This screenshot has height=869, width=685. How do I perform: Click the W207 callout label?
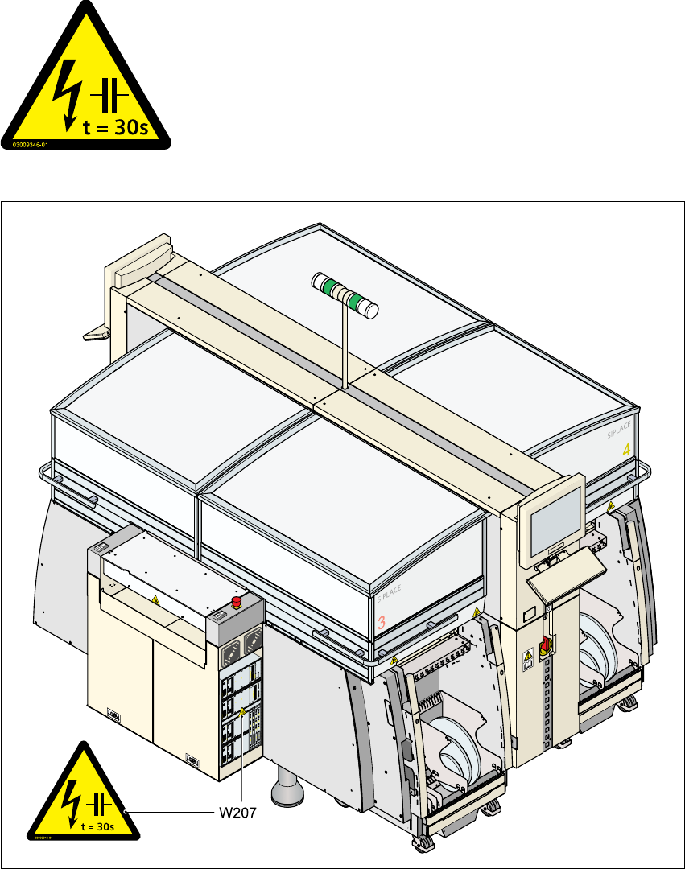(x=238, y=813)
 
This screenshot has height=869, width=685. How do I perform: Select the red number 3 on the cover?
(x=382, y=622)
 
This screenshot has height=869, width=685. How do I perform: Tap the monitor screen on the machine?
(x=555, y=515)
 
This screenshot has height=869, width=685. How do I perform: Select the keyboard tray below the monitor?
(x=566, y=573)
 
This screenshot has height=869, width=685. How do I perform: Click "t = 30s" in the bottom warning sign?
(x=97, y=825)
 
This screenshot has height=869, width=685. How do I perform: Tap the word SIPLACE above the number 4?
(x=621, y=434)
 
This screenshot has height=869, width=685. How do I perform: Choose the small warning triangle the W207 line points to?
(x=241, y=710)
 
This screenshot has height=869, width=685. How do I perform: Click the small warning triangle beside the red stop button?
(x=155, y=601)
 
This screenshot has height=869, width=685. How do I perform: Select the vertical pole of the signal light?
(x=345, y=346)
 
